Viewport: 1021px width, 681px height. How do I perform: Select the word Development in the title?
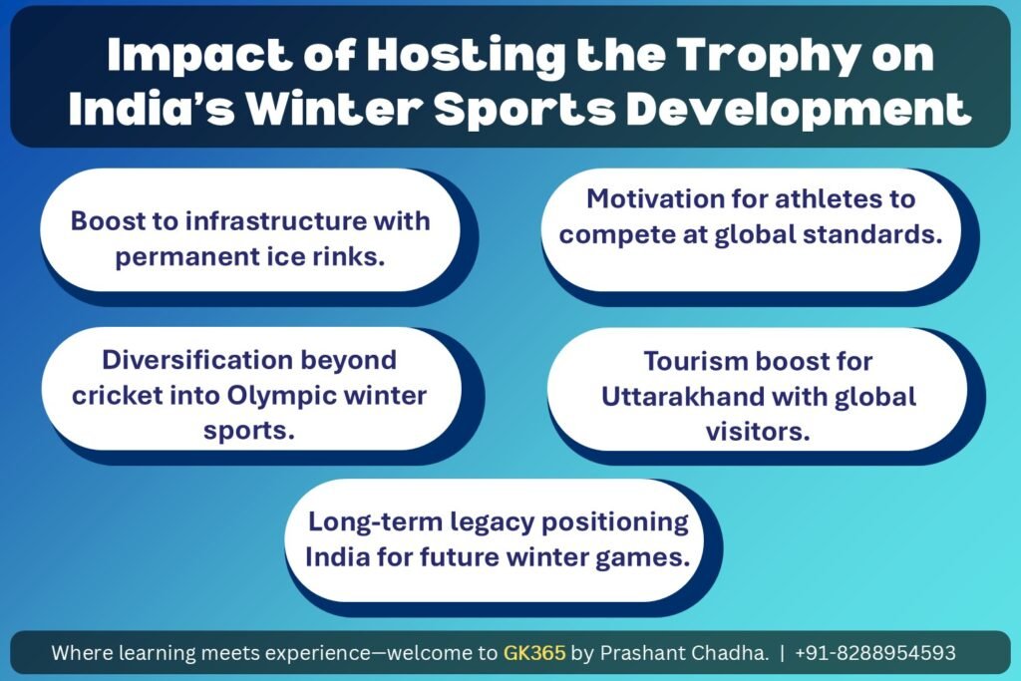pos(799,109)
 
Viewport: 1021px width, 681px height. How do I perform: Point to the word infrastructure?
pos(275,220)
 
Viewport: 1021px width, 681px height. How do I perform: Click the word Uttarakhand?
pos(683,397)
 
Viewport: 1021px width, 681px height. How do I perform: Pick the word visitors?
pos(758,432)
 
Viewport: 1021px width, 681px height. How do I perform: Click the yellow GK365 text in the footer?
pos(534,652)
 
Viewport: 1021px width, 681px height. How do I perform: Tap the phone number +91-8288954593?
pos(875,652)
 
